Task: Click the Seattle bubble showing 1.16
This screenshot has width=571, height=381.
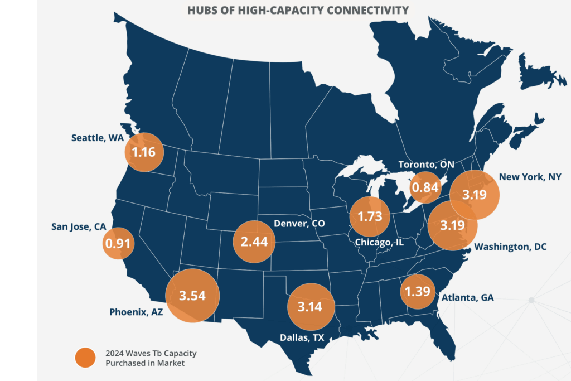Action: pyautogui.click(x=144, y=152)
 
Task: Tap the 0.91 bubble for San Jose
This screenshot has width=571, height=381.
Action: pyautogui.click(x=118, y=243)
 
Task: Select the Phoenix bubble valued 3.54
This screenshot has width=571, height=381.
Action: pyautogui.click(x=192, y=296)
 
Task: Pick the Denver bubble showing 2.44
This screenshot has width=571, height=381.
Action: pyautogui.click(x=254, y=242)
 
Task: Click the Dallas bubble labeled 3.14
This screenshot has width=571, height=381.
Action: pyautogui.click(x=311, y=307)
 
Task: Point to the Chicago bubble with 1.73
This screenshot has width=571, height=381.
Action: pyautogui.click(x=370, y=216)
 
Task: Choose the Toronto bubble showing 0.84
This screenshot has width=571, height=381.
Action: pyautogui.click(x=425, y=187)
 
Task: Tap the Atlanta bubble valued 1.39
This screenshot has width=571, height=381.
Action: pyautogui.click(x=418, y=291)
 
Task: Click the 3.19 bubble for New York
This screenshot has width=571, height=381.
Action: pyautogui.click(x=475, y=195)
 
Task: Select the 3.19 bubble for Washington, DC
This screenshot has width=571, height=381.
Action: pyautogui.click(x=452, y=225)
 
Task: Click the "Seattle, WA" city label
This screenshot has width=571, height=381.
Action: pyautogui.click(x=97, y=138)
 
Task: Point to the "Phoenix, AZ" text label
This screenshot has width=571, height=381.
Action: pyautogui.click(x=136, y=312)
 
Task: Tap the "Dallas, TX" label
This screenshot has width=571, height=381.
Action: pyautogui.click(x=302, y=337)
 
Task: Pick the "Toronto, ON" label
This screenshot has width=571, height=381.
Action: pyautogui.click(x=426, y=165)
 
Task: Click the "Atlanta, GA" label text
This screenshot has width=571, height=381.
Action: pyautogui.click(x=468, y=297)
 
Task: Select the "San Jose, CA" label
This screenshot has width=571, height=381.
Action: pyautogui.click(x=79, y=226)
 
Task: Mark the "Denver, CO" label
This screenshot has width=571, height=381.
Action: pyautogui.click(x=299, y=223)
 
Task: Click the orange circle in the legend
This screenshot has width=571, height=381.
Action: pyautogui.click(x=85, y=358)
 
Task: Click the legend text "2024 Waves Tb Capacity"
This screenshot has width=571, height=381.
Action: pyautogui.click(x=151, y=353)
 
